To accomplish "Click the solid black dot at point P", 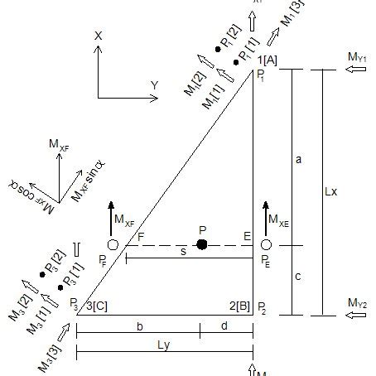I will click(201, 244).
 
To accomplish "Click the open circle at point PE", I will click(266, 245).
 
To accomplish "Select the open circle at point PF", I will click(113, 245).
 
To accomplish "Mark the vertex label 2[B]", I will click(238, 306).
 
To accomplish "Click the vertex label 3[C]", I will click(97, 306).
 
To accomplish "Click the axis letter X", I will click(98, 36).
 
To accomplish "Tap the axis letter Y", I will click(155, 85).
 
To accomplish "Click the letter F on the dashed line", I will click(141, 237).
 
